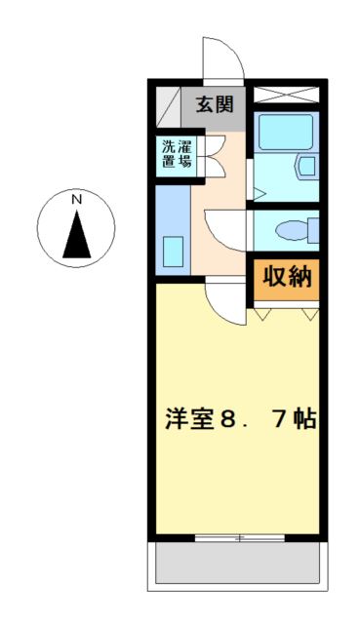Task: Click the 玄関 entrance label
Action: [x=213, y=104]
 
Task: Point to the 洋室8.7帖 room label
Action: [x=239, y=421]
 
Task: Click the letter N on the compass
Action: [x=76, y=200]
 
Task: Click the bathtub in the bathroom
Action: [x=283, y=132]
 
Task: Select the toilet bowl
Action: [x=293, y=230]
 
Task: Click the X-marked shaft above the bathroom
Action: [x=286, y=96]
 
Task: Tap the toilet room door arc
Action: [x=230, y=231]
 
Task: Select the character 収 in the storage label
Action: [x=274, y=278]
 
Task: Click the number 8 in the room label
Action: [x=227, y=421]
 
